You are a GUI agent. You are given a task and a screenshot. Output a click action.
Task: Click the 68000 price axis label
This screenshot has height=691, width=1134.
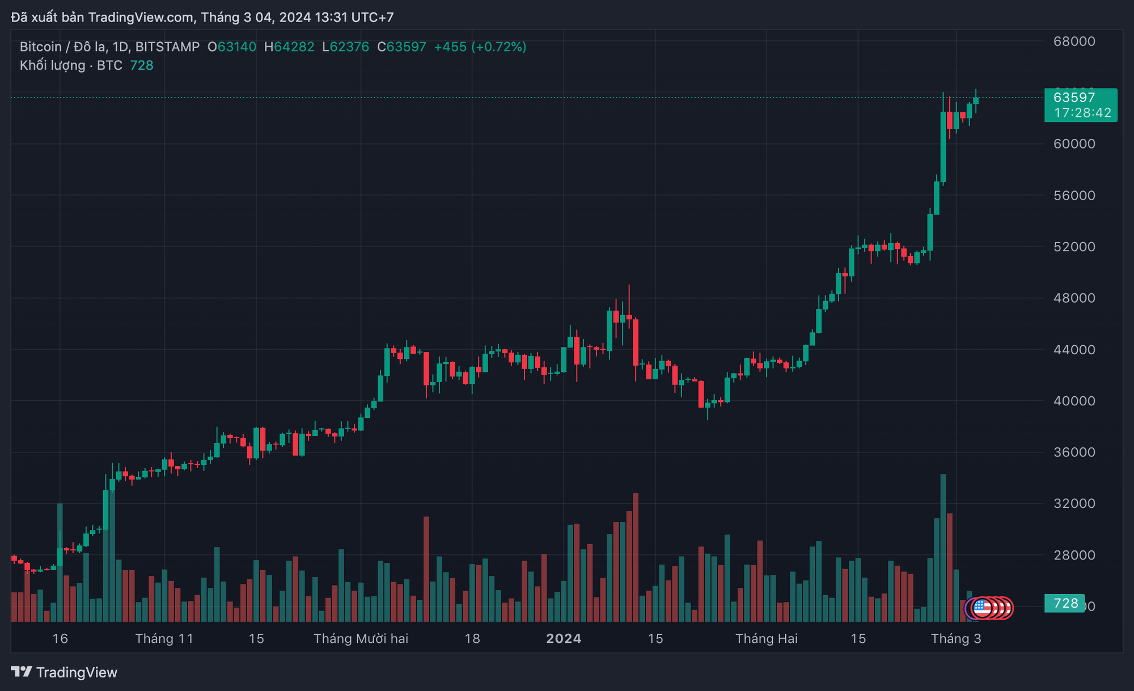1074,41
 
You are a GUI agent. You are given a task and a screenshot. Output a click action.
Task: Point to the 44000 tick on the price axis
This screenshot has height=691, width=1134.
1074,350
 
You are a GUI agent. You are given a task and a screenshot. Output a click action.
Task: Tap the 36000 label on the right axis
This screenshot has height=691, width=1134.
1074,452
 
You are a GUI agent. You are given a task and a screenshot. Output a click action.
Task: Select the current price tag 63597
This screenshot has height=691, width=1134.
1074,97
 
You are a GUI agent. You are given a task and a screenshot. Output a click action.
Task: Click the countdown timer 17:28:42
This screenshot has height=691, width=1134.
1082,113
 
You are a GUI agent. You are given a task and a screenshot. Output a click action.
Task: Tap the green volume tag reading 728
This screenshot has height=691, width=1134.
1065,603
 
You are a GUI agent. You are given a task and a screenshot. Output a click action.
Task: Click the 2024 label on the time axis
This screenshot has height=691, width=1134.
563,639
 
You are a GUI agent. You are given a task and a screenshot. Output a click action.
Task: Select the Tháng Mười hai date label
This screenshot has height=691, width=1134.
361,639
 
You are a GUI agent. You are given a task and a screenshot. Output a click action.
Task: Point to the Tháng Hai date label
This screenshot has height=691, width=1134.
766,639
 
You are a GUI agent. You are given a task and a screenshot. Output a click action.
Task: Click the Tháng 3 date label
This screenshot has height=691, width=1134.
955,639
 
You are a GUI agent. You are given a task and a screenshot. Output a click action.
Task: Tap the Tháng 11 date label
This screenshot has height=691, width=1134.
164,639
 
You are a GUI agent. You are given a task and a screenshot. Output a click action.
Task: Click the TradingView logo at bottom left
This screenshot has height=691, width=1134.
64,672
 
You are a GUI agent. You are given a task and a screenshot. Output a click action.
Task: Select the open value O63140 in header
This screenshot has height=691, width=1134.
232,47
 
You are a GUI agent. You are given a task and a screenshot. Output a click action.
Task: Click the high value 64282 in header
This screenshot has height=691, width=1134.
293,47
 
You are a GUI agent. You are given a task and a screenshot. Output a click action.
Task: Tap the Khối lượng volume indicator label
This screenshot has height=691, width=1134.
52,65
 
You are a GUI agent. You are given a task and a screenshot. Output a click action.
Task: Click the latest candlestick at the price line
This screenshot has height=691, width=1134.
976,101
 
